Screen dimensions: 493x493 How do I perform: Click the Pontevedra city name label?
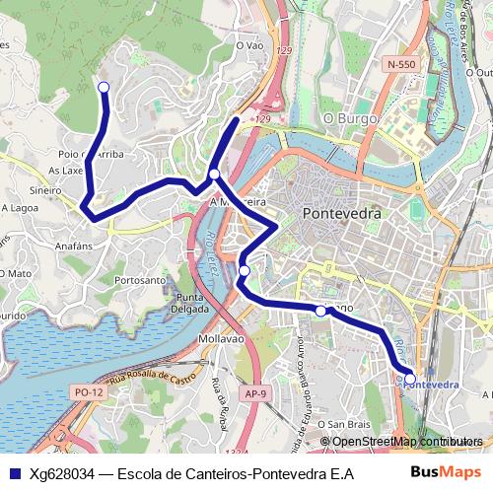(341, 213)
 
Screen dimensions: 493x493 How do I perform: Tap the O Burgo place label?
(345, 118)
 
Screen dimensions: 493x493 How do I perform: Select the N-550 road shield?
(402, 64)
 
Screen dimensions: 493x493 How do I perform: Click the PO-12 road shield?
(89, 392)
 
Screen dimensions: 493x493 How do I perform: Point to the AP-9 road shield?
(255, 393)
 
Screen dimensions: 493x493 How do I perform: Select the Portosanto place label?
(140, 280)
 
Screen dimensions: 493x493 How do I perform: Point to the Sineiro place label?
(45, 190)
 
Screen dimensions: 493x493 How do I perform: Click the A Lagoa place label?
(20, 208)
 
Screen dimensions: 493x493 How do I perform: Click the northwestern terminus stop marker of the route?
(104, 88)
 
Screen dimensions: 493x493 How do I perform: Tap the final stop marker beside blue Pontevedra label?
(410, 376)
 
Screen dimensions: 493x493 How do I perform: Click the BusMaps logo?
(453, 472)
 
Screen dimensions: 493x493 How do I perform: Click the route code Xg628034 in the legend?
(66, 473)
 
